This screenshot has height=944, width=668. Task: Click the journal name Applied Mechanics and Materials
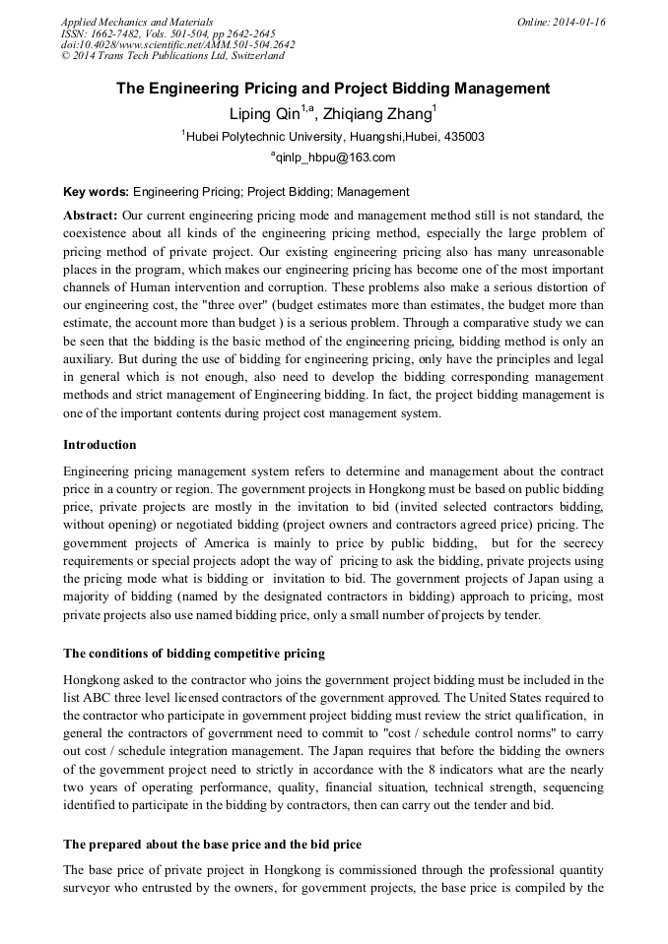tap(137, 22)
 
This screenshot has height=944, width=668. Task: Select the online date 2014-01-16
tap(575, 22)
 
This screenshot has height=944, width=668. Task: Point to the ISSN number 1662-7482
tap(124, 33)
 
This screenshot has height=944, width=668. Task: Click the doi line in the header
tap(177, 44)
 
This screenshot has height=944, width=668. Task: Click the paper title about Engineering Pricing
tap(333, 89)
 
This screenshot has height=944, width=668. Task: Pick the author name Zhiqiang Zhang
tap(382, 114)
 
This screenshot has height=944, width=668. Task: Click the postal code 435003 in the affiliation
tap(460, 137)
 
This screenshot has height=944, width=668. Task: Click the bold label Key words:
tap(96, 192)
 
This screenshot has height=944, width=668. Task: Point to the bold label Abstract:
tap(91, 215)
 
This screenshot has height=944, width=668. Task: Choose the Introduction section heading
tap(100, 445)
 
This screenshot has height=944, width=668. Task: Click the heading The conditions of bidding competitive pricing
tap(194, 654)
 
